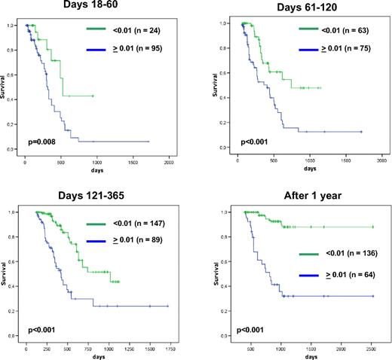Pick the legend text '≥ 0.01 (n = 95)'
coord(140,53)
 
